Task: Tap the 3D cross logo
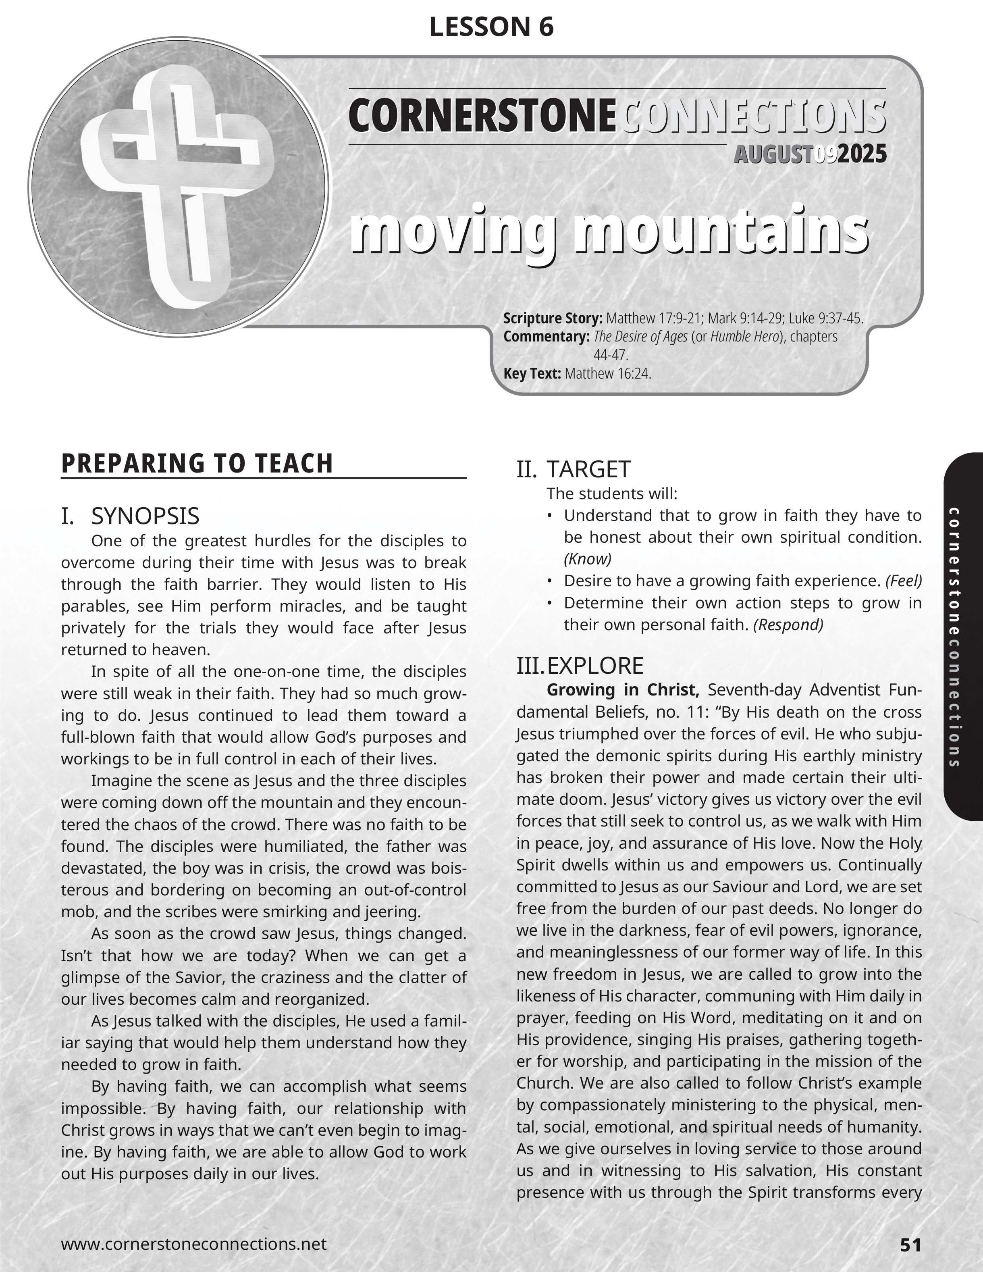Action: pyautogui.click(x=175, y=186)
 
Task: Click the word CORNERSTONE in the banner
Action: pyautogui.click(x=482, y=116)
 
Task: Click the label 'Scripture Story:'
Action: pyautogui.click(x=553, y=319)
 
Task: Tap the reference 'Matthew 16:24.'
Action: pyautogui.click(x=607, y=373)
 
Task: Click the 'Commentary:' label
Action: pyautogui.click(x=546, y=337)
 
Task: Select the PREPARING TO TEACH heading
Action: pyautogui.click(x=197, y=464)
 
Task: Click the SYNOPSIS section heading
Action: pyautogui.click(x=145, y=516)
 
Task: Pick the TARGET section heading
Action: pyautogui.click(x=588, y=469)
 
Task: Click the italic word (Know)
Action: pyautogui.click(x=588, y=559)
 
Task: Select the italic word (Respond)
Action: pyautogui.click(x=788, y=625)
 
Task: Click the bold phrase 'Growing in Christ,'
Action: pyautogui.click(x=623, y=690)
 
